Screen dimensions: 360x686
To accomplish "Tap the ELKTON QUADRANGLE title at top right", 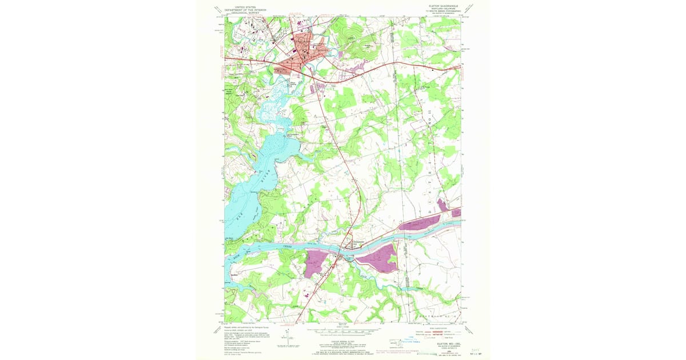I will pos(442,5).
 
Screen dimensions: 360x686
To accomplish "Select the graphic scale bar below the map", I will pos(342,330).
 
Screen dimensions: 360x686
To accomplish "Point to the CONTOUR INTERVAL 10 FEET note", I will pos(343,336).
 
